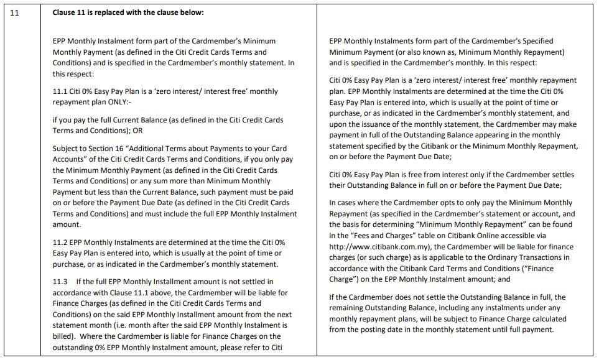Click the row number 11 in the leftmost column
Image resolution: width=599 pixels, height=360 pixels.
pos(16,12)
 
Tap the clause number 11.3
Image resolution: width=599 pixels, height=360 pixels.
pos(60,282)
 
